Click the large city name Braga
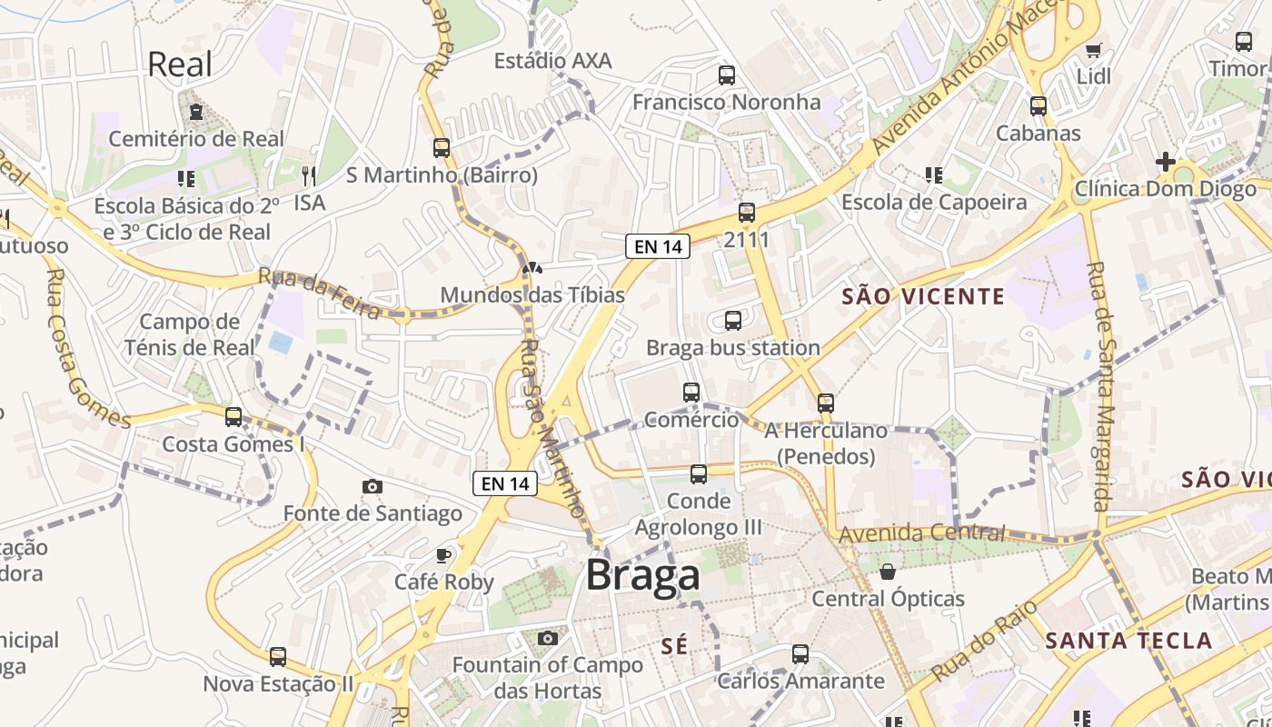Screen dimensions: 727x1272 point(642,575)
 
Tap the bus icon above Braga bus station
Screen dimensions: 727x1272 point(732,321)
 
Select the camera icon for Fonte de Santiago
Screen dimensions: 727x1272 point(372,487)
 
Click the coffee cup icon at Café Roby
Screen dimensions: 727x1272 point(443,554)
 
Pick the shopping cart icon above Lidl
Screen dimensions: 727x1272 point(1093,50)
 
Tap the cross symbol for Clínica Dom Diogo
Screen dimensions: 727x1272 point(1165,162)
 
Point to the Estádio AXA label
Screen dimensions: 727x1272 point(552,61)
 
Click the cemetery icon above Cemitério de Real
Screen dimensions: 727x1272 point(195,112)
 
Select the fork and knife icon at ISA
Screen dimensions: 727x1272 point(309,175)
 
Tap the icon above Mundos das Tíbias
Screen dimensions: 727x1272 point(532,268)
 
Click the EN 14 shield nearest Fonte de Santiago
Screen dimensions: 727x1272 point(505,483)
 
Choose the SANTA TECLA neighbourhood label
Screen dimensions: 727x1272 point(1128,641)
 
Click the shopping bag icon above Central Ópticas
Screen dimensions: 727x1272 point(888,572)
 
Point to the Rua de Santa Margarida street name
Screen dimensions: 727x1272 point(1100,387)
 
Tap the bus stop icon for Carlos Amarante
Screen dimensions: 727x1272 point(800,653)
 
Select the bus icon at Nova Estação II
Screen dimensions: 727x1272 point(277,656)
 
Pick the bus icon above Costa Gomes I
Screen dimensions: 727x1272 point(234,417)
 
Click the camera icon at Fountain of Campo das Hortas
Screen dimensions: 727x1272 point(547,638)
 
